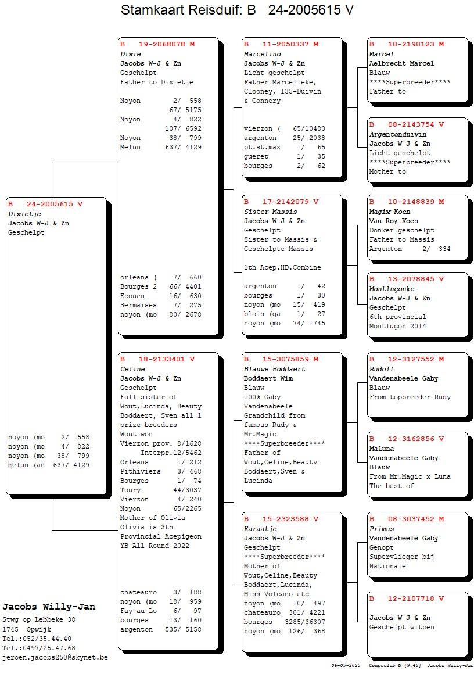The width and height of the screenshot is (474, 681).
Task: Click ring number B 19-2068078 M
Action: pyautogui.click(x=157, y=44)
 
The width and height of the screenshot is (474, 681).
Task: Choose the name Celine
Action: pyautogui.click(x=132, y=369)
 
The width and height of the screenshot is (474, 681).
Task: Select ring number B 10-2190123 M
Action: pyautogui.click(x=407, y=44)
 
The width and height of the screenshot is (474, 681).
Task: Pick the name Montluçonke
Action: pyautogui.click(x=392, y=289)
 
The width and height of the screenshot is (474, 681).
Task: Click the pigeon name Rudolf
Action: pyautogui.click(x=382, y=369)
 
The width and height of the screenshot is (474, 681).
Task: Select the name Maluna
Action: pyautogui.click(x=382, y=449)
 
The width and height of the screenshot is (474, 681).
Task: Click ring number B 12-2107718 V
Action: pyautogui.click(x=407, y=598)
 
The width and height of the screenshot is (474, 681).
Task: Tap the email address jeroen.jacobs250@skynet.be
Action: pyautogui.click(x=55, y=657)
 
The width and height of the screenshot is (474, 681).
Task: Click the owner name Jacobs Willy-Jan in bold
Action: pyautogui.click(x=49, y=607)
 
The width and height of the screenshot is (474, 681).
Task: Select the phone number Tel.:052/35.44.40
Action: pyautogui.click(x=37, y=639)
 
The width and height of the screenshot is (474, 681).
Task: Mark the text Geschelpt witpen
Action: pyautogui.click(x=401, y=627)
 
